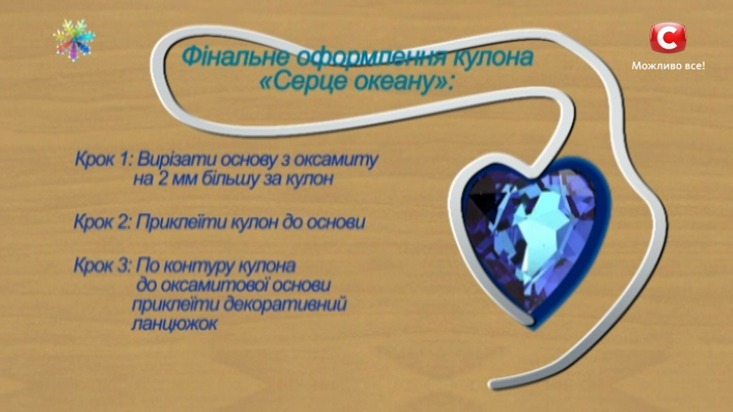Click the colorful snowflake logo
coord(74,40)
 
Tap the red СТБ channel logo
coord(668,37)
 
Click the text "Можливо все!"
coord(668,66)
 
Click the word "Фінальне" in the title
coord(224,57)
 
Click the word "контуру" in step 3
coord(205,266)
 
